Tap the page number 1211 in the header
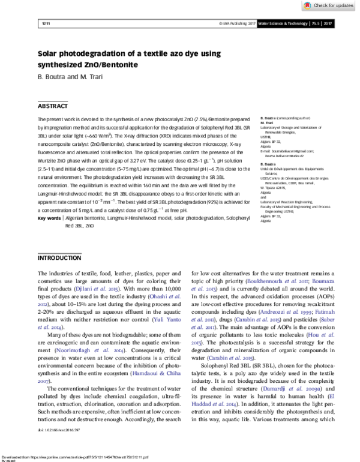pyautogui.click(x=43, y=23)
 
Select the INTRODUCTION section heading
pyautogui.click(x=60, y=258)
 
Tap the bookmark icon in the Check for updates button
pyautogui.click(x=305, y=5)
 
